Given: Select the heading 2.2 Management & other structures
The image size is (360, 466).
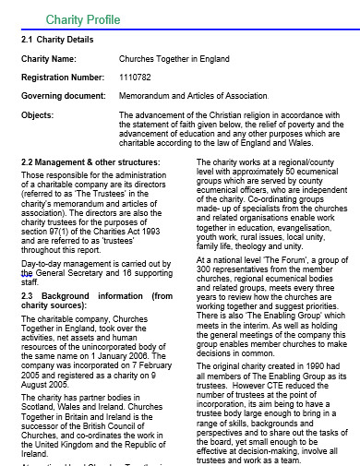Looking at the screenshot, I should click(x=90, y=162).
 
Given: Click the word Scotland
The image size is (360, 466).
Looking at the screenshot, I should click(x=41, y=383).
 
